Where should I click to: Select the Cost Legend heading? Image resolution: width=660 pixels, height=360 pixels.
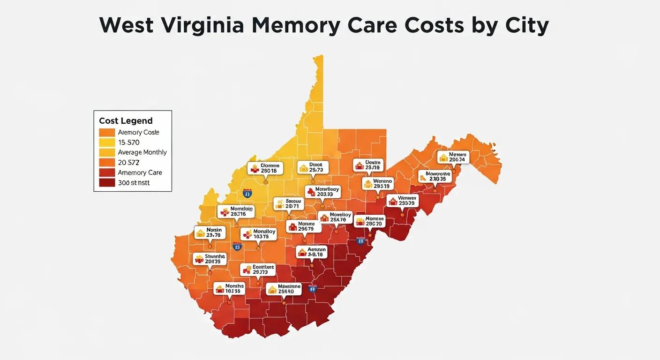pyautogui.click(x=126, y=121)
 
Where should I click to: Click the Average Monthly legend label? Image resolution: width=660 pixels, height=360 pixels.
pyautogui.click(x=142, y=152)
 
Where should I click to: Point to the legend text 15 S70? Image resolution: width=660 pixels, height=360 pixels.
pyautogui.click(x=129, y=142)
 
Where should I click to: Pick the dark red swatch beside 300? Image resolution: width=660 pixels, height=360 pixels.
pyautogui.click(x=107, y=183)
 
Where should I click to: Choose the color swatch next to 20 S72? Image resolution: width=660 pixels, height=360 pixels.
pyautogui.click(x=107, y=163)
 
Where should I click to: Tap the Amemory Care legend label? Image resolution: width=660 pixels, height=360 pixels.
pyautogui.click(x=140, y=172)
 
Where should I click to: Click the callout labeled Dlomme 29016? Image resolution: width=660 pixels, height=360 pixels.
pyautogui.click(x=265, y=168)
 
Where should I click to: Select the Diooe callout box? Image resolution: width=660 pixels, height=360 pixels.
pyautogui.click(x=313, y=167)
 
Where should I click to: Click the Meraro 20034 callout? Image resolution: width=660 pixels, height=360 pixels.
pyautogui.click(x=453, y=157)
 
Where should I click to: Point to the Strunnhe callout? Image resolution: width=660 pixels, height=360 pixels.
pyautogui.click(x=210, y=259)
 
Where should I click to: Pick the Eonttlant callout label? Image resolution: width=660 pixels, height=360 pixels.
pyautogui.click(x=258, y=270)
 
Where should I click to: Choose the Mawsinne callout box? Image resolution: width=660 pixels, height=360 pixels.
pyautogui.click(x=283, y=289)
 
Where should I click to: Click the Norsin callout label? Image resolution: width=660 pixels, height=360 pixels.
pyautogui.click(x=210, y=232)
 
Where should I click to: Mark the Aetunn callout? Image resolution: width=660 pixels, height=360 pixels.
pyautogui.click(x=311, y=252)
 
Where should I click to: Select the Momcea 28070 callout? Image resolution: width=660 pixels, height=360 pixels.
pyautogui.click(x=369, y=221)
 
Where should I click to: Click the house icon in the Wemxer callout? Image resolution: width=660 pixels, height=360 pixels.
pyautogui.click(x=392, y=202)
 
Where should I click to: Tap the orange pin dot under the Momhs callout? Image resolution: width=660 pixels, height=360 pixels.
pyautogui.click(x=229, y=302)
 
